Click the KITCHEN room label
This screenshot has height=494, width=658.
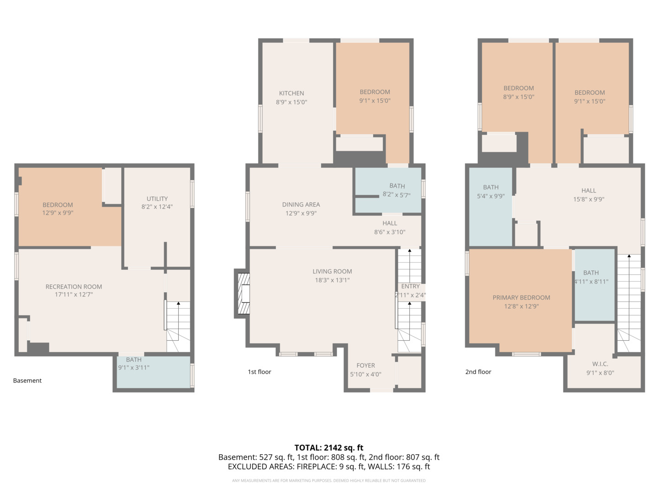(292, 93)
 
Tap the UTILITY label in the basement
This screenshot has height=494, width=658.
(157, 199)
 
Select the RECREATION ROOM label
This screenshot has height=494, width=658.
(74, 286)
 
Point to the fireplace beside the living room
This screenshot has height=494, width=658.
(242, 293)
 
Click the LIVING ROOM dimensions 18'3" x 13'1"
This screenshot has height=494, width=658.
(332, 280)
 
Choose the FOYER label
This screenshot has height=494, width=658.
(366, 365)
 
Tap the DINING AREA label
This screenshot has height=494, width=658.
(301, 204)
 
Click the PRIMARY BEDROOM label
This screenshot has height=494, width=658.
(521, 297)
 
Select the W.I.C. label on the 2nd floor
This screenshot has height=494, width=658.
(600, 364)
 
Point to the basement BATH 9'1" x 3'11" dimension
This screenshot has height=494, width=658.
(134, 367)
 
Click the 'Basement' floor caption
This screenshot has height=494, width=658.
(27, 380)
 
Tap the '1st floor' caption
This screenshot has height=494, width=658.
(259, 371)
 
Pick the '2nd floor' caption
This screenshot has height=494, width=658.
(478, 371)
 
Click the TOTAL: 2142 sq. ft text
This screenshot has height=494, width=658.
(329, 447)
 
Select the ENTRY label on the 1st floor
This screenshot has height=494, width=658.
(410, 286)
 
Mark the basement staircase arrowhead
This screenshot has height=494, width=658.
(178, 303)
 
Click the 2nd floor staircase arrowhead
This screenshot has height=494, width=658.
(629, 256)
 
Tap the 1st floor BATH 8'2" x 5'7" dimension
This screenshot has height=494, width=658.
(396, 195)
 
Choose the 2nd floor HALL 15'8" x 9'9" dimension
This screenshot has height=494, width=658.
(589, 199)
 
